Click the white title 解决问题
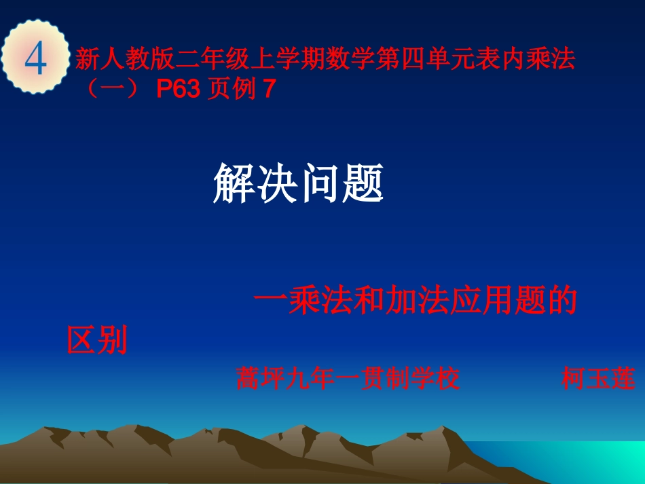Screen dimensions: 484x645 [298, 183]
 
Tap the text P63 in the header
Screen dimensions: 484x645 [179, 90]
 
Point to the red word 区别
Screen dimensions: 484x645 [97, 340]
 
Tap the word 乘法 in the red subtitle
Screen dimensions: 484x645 [318, 301]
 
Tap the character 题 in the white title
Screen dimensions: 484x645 [363, 183]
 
